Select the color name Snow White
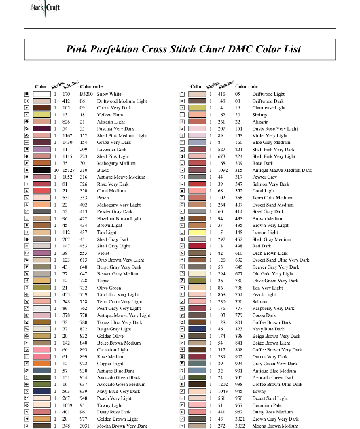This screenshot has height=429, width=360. point(109,95)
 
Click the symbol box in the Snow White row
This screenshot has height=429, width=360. point(27,95)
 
